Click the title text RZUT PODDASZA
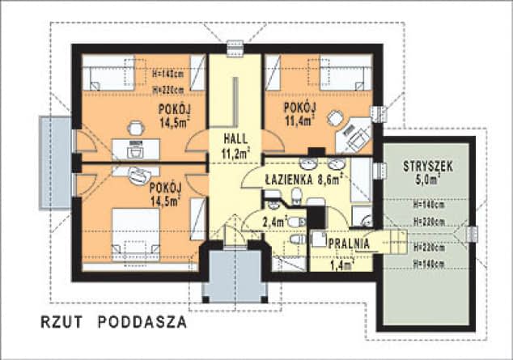113,322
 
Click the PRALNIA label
349,242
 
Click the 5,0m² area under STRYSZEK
427,181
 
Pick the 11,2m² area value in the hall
235,151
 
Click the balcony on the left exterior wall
54,162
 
